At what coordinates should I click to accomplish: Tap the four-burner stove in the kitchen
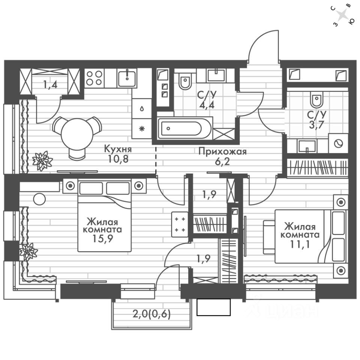94,78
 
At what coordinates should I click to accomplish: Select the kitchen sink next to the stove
127,78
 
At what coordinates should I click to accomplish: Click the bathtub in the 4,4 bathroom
184,128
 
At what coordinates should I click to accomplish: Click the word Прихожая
222,151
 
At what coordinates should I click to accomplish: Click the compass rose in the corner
342,15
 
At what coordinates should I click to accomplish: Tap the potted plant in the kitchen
42,160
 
